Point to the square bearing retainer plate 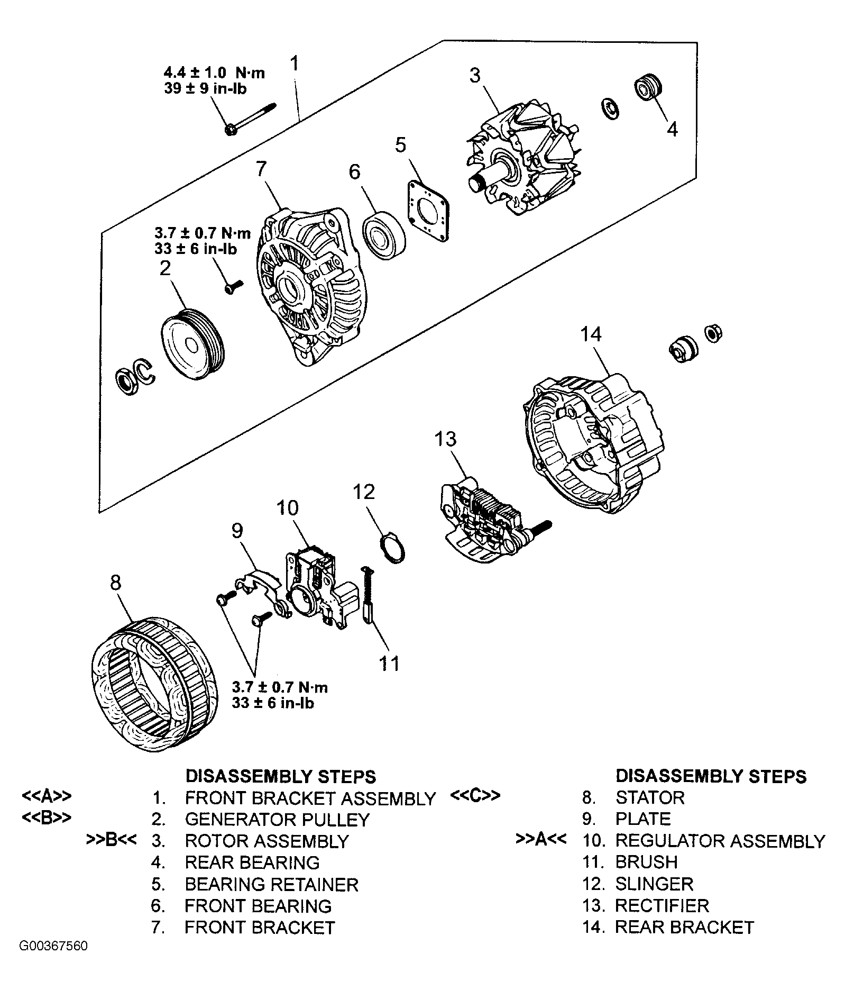click(x=428, y=212)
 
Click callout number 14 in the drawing click(x=591, y=334)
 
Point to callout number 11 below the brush click(x=390, y=663)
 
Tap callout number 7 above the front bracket click(x=261, y=169)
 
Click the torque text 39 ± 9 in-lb click(x=205, y=88)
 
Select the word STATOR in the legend click(x=650, y=797)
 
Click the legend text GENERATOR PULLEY click(x=277, y=819)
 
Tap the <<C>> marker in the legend click(x=475, y=796)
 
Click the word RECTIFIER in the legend click(x=662, y=905)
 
